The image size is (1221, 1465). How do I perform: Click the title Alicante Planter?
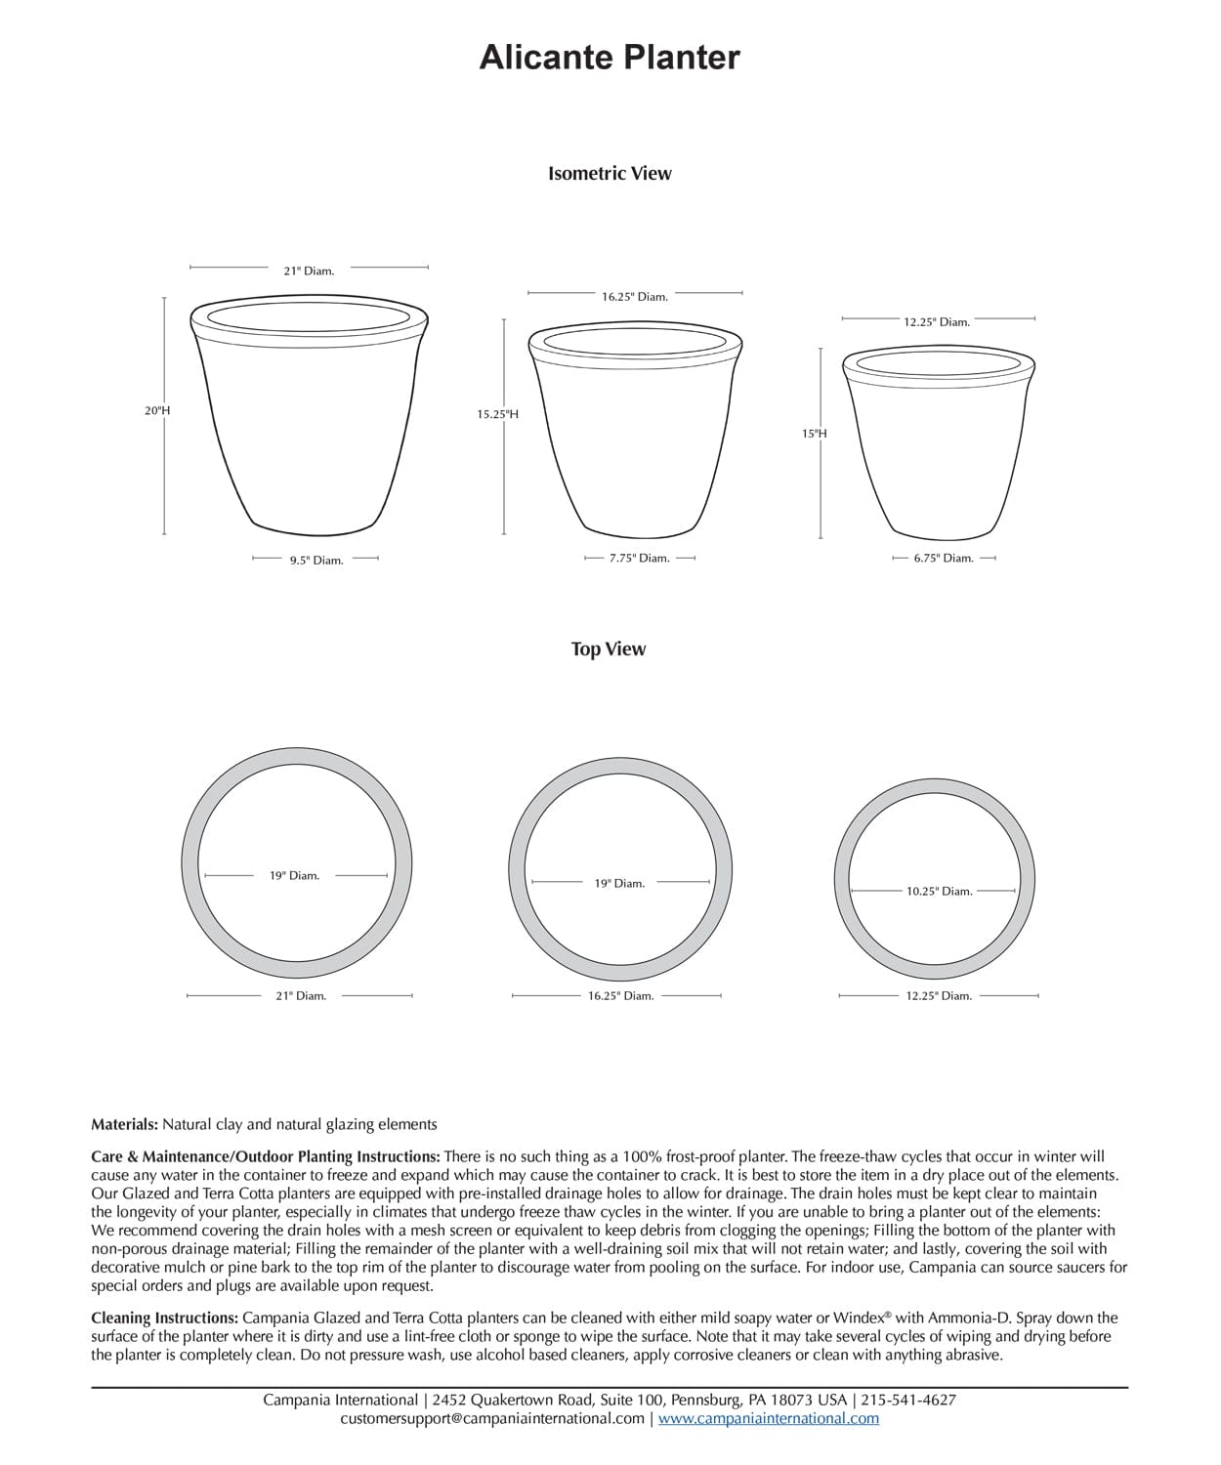coord(610,58)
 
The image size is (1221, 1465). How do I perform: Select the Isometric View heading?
coord(610,173)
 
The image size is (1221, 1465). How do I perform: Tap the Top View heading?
coord(609,649)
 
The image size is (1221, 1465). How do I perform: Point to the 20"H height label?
coord(157,411)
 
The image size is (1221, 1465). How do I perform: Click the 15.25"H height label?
coord(497,414)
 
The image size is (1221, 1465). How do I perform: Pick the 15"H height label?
coord(815,433)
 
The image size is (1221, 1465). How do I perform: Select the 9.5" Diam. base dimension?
coord(316,561)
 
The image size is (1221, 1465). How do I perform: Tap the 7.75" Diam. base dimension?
coord(640,559)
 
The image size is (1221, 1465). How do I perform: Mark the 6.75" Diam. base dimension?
coord(944,559)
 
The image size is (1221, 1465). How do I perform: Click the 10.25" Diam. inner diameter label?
coord(939,891)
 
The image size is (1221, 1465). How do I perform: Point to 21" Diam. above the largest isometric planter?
coord(309,271)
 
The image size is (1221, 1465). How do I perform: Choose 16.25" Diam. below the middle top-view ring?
coord(621,995)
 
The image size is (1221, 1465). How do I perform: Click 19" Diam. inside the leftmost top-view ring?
coord(295,875)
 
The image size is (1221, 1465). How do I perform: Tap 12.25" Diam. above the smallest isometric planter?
coord(937,321)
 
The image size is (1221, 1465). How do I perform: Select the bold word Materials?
coord(125,1124)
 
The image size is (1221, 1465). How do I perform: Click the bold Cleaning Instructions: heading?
coord(164,1318)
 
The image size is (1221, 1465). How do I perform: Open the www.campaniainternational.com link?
coord(769,1418)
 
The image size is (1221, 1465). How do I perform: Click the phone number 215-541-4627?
coord(908,1400)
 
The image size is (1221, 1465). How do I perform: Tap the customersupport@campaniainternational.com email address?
coord(492,1418)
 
